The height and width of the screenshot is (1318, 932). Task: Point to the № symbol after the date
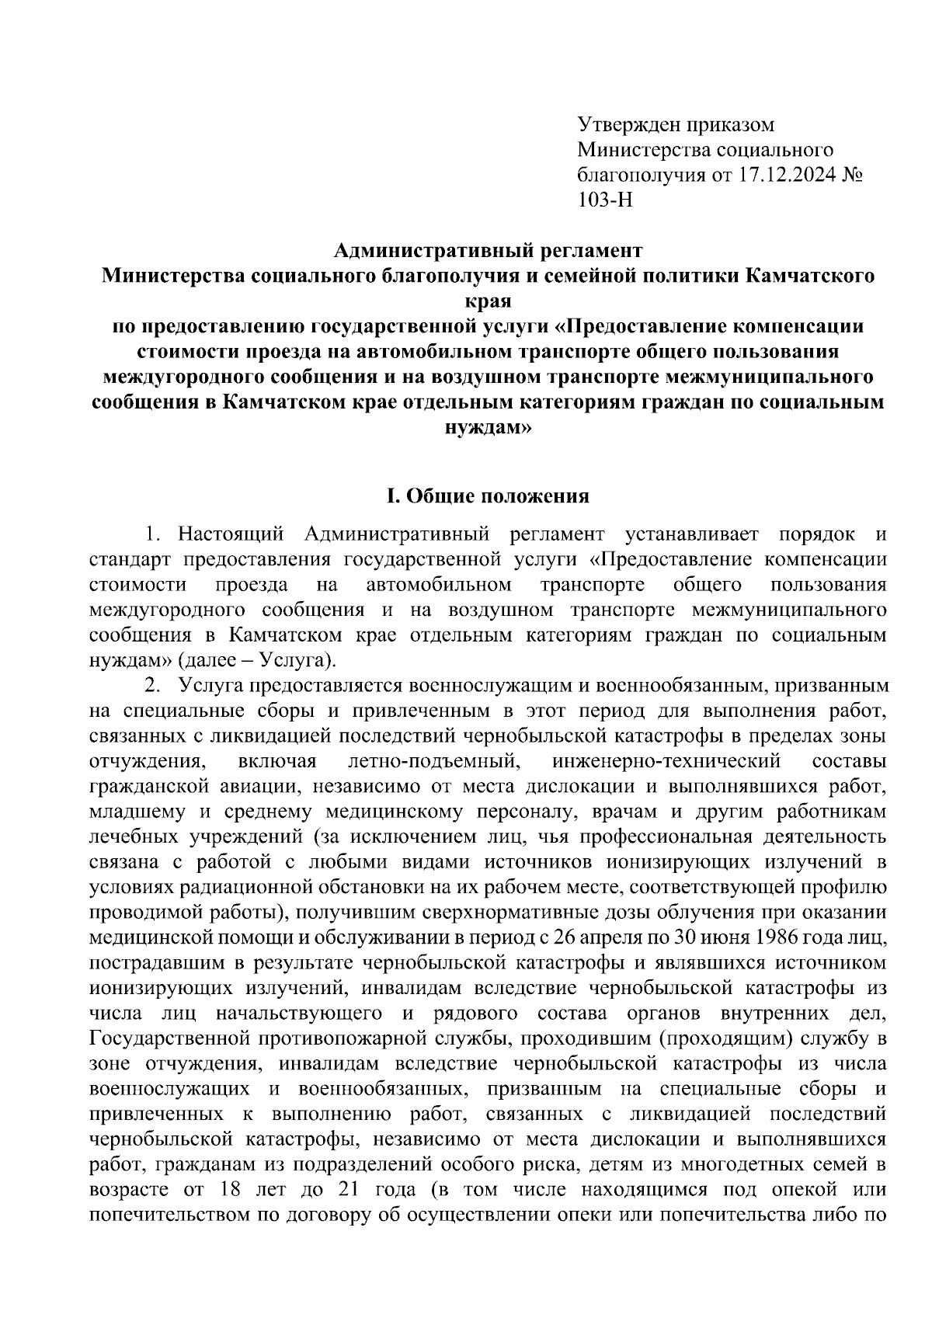point(854,175)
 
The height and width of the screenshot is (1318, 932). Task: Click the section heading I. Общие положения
point(489,496)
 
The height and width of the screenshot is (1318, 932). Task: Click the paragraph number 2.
point(154,685)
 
